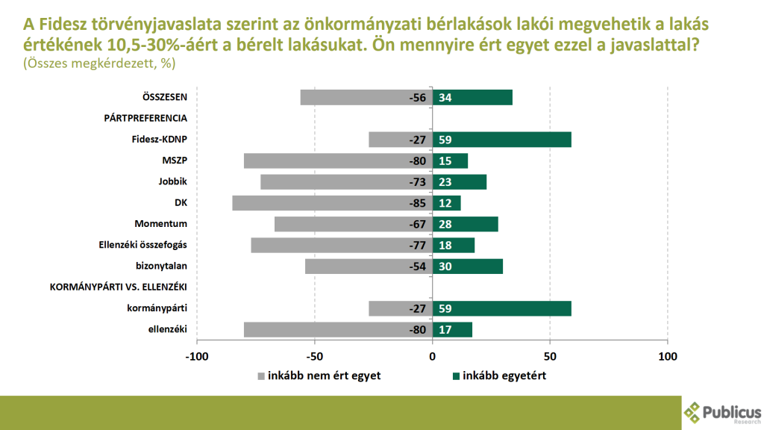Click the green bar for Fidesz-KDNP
point(501,139)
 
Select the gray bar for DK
point(332,203)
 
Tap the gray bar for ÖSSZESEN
point(366,97)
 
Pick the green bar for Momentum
point(465,224)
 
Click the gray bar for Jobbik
point(346,181)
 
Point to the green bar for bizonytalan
point(467,267)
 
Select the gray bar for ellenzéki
point(338,329)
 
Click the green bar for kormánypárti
point(501,308)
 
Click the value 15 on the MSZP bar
point(445,161)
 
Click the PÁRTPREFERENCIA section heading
point(145,118)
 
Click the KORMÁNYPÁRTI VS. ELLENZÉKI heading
point(118,287)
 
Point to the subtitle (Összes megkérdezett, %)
point(98,64)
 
